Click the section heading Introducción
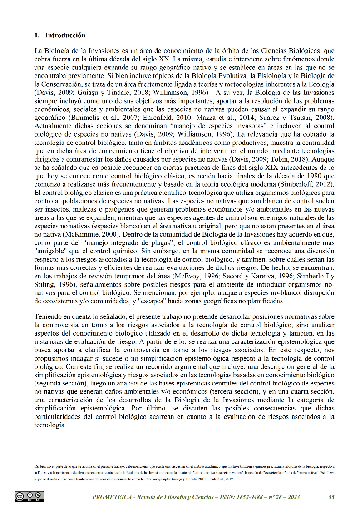pos(65,35)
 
